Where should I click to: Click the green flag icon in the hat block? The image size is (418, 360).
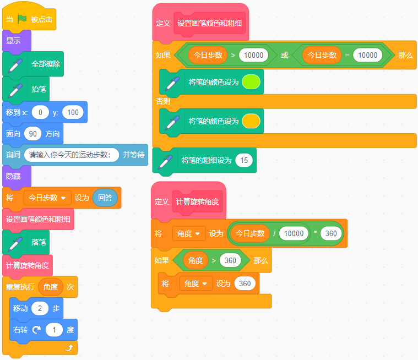coord(22,19)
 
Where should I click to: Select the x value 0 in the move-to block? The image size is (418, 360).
coord(40,112)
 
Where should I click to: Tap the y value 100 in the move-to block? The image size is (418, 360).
coord(73,112)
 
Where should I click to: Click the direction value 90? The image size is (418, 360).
coord(33,134)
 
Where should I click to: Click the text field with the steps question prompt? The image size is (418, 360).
coord(72,155)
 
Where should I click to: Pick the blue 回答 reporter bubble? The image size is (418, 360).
coord(105,198)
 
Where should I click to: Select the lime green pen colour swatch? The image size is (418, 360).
coord(251,82)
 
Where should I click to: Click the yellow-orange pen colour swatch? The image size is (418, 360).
coord(251,121)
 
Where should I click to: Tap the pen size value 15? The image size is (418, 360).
coord(244,160)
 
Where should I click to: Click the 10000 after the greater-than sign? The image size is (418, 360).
coord(253,55)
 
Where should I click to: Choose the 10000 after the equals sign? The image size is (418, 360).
coord(368,55)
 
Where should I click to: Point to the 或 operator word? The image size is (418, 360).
coord(285,55)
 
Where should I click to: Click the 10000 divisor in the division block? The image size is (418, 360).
coord(294,234)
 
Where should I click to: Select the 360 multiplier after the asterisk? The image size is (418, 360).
coord(331,234)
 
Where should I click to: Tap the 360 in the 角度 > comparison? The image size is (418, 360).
coord(230,260)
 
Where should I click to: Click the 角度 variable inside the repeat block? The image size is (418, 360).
coord(51,287)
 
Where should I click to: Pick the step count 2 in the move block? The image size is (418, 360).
coord(40,308)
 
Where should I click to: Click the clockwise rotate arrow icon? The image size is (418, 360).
coord(36,330)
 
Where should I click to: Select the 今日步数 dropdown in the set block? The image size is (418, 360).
coord(47,198)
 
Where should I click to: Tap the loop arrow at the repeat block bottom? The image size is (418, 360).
coord(69,348)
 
